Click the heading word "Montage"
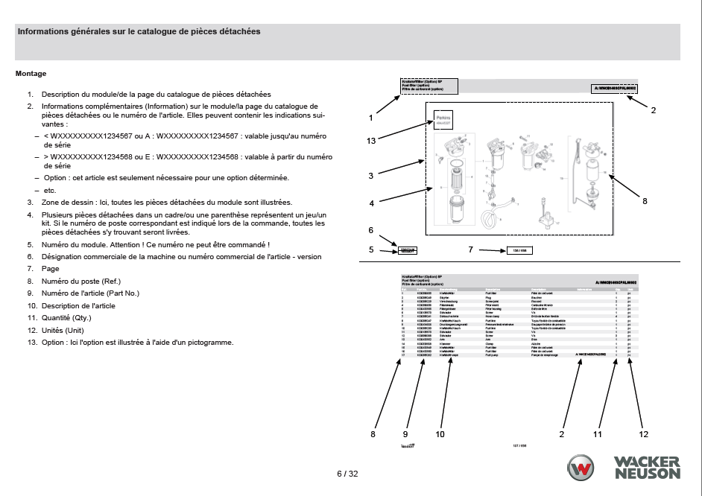pyautogui.click(x=31, y=74)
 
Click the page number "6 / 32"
pyautogui.click(x=347, y=474)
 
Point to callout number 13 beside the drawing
pyautogui.click(x=370, y=139)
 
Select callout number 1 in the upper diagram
pyautogui.click(x=370, y=118)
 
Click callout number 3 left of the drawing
pyautogui.click(x=370, y=176)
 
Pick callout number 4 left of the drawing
pyautogui.click(x=370, y=203)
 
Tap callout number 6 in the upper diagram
pyautogui.click(x=370, y=231)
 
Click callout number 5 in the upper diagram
pyautogui.click(x=371, y=249)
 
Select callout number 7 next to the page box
pyautogui.click(x=471, y=249)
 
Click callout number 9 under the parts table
pyautogui.click(x=406, y=433)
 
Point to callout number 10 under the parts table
pyautogui.click(x=440, y=433)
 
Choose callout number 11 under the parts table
pyautogui.click(x=597, y=433)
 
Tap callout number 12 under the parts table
pyautogui.click(x=644, y=433)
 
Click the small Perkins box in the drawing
pyautogui.click(x=444, y=119)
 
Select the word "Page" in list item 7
pyautogui.click(x=51, y=268)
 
